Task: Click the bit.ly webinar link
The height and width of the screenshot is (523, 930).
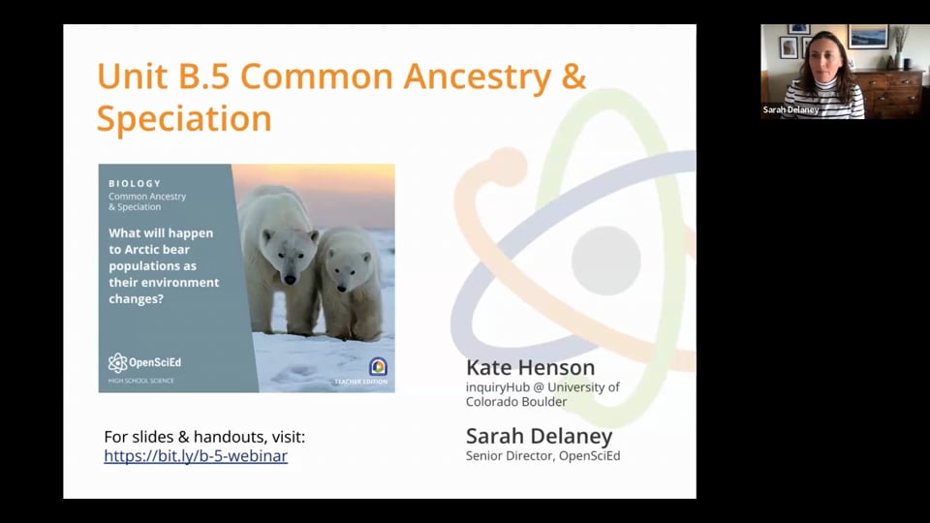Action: coord(196,455)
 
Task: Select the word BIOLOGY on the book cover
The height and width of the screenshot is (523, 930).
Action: coord(135,183)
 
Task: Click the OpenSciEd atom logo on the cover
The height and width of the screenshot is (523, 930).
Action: coord(117,363)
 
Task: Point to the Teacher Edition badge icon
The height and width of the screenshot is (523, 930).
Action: coord(377,366)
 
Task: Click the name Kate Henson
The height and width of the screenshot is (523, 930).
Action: coord(530,368)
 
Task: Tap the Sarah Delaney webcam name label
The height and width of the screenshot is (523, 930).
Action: coord(790,110)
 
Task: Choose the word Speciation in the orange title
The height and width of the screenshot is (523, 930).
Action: coord(183,118)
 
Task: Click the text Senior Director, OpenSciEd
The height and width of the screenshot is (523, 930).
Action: coord(542,455)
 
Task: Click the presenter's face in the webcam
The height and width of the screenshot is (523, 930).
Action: coord(821,58)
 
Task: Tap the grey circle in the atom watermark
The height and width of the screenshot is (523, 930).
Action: coord(605,260)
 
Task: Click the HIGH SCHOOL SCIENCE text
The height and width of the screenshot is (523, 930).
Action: coord(141,381)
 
